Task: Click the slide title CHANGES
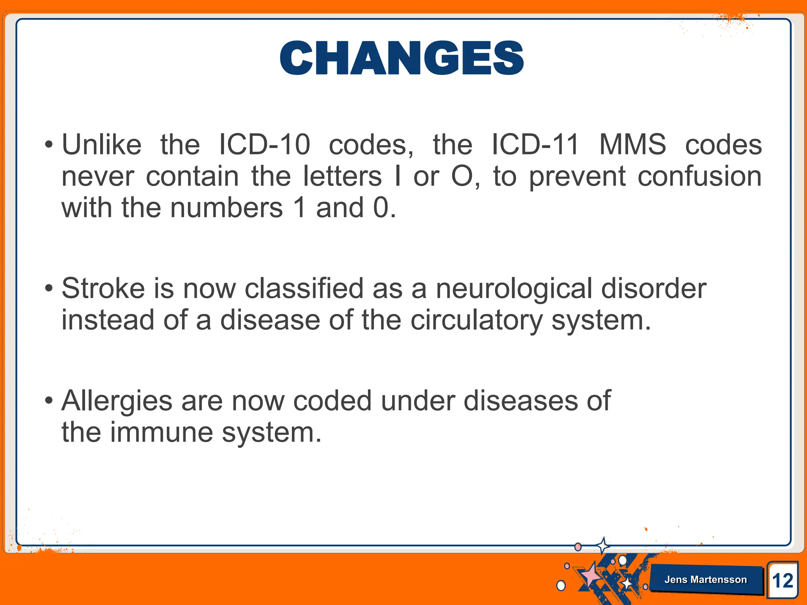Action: point(402,58)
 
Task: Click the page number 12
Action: point(783,581)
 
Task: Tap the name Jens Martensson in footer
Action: point(705,579)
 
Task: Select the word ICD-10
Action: point(264,145)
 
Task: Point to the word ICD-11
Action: point(536,145)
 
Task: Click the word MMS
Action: point(632,145)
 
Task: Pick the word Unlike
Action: point(102,145)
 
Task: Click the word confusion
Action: point(699,176)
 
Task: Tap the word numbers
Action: point(227,208)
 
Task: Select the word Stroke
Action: point(103,288)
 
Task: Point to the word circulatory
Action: point(476,320)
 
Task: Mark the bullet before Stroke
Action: point(48,289)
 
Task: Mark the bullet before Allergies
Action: point(48,401)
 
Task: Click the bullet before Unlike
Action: point(48,145)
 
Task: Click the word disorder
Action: point(654,288)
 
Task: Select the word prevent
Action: point(577,177)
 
